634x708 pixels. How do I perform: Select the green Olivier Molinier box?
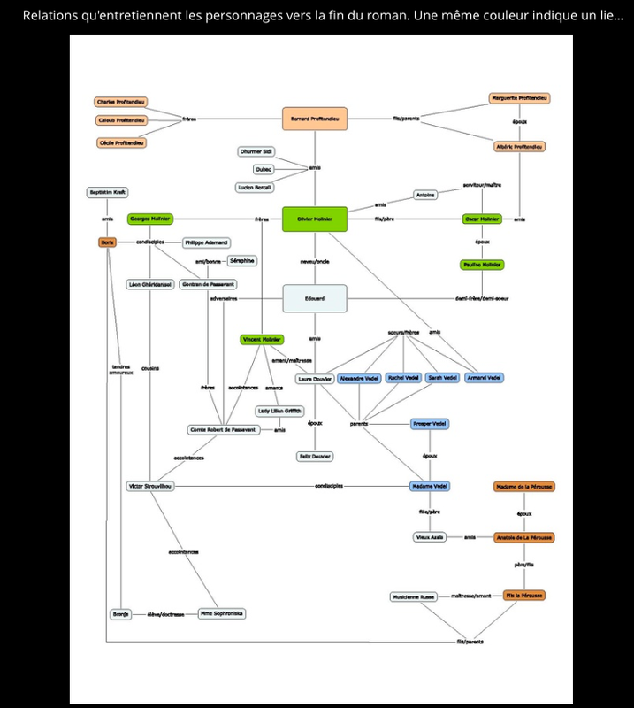(314, 219)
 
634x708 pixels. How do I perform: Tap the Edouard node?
(314, 299)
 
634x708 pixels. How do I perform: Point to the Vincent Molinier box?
(262, 340)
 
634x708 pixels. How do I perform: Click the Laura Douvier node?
(314, 378)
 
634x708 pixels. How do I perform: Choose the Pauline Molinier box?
(482, 265)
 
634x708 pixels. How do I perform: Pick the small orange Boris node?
(108, 242)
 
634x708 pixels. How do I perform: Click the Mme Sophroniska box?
(222, 613)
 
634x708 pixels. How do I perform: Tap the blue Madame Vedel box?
(430, 486)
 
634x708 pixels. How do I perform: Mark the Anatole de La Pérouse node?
(524, 537)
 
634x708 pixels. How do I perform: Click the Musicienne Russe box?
(414, 597)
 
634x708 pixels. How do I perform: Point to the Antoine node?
(425, 195)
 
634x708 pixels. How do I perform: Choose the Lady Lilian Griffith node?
(279, 411)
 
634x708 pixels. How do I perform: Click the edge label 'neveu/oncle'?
(314, 262)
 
